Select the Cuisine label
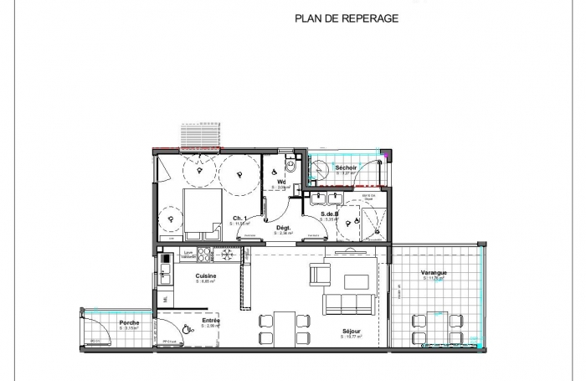(x=206, y=276)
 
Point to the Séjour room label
(x=352, y=332)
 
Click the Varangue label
(x=434, y=272)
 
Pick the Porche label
(x=129, y=322)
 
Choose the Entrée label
(x=211, y=320)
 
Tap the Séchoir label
(x=346, y=168)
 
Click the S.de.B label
(x=329, y=215)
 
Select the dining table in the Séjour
(x=284, y=327)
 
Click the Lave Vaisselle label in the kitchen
(x=189, y=254)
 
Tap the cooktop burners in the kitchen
(x=224, y=255)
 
